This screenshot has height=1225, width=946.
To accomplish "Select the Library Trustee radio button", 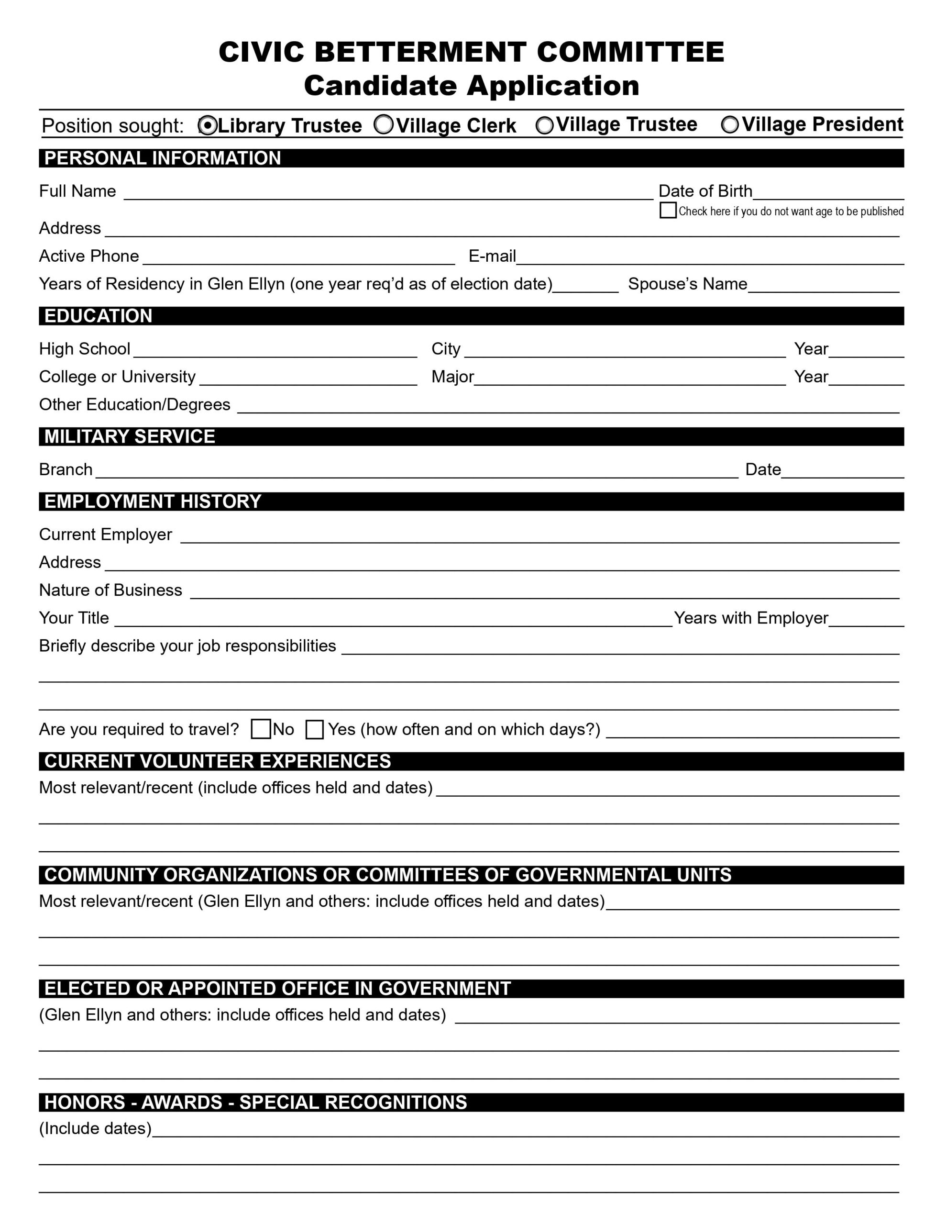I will coord(208,126).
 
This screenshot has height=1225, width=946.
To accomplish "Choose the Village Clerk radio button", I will coord(384,124).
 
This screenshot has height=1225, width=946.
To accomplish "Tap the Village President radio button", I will coord(729,125).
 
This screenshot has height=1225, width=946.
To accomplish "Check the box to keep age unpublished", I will coord(667,211).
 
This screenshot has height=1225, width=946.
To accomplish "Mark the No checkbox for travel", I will coord(261,729).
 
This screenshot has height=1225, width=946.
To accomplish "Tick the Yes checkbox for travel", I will coord(315,730).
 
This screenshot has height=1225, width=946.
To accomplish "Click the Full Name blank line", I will coord(388,193).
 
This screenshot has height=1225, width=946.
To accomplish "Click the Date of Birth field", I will coord(828,193).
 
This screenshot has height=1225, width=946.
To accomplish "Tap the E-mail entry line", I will coord(709,258).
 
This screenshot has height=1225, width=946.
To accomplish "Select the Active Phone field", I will coord(298,258).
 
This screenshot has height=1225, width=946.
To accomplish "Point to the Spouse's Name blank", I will coord(823,286).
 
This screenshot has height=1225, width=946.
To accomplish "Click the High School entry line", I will coord(275,351).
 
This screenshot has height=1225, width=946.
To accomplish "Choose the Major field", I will coord(629,379).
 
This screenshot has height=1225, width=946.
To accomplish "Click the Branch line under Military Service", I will coord(416,472).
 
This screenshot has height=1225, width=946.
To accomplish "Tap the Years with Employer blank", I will coord(866,620).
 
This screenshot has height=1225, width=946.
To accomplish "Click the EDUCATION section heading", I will coord(98,316).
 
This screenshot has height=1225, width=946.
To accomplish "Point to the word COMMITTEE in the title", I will coord(630,52).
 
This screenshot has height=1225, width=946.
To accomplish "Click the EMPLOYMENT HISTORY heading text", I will coord(153,501).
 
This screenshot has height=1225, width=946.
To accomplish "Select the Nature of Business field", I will coord(544,592).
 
